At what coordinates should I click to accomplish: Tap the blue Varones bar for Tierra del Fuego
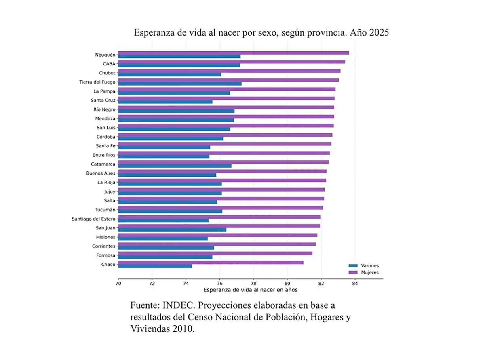click(180, 84)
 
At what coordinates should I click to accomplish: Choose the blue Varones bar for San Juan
click(172, 229)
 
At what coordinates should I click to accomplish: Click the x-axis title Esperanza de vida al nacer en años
click(251, 290)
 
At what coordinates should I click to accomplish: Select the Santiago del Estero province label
click(93, 219)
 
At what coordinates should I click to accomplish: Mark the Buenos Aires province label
click(101, 173)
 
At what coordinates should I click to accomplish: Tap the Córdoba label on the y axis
click(106, 137)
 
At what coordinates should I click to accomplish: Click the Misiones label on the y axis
click(105, 237)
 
